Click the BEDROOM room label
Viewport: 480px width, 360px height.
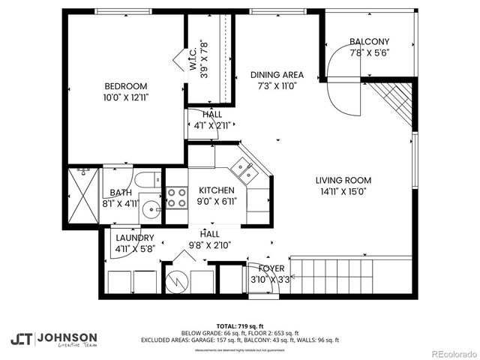click(125, 86)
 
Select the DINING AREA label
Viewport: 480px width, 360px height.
click(277, 74)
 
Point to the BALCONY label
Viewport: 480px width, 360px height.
click(369, 41)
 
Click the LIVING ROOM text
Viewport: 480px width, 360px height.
click(343, 180)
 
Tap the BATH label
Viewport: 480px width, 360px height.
click(121, 193)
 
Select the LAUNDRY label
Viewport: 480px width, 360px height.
click(135, 238)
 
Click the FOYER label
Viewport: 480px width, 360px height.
click(271, 268)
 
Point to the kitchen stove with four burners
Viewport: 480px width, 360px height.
click(176, 197)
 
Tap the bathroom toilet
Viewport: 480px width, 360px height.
click(147, 179)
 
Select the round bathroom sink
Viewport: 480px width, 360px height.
click(151, 209)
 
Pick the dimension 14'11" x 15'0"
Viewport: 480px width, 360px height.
click(343, 190)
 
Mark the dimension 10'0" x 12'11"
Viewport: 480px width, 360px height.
click(125, 97)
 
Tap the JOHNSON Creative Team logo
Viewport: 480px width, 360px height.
click(53, 338)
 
